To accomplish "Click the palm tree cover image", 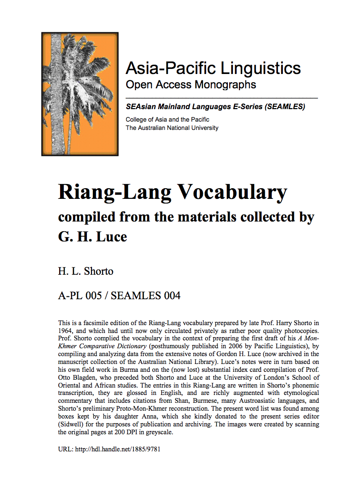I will [79, 94].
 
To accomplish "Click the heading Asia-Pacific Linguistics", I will [213, 68].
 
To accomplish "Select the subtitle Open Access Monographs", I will [191, 85].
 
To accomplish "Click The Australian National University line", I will [172, 128].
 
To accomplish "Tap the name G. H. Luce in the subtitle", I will [92, 237].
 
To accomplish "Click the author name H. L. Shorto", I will [85, 271].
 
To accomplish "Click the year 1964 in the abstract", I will [67, 331].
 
